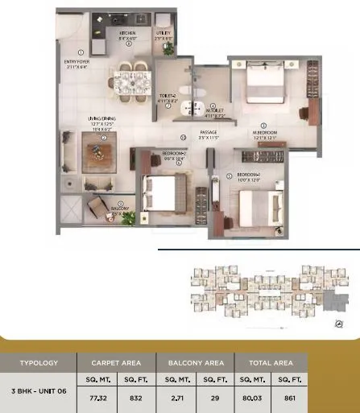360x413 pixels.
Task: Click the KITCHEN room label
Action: click(x=129, y=35)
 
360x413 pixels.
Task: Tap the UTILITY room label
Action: click(x=164, y=35)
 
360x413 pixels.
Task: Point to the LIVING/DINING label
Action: click(x=103, y=122)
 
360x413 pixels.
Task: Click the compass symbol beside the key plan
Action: click(x=337, y=325)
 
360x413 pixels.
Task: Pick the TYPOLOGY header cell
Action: click(x=39, y=363)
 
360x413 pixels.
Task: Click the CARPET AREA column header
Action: click(x=116, y=363)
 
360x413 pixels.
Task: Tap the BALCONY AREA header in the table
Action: click(x=195, y=363)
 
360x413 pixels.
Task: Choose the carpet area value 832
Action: click(x=136, y=398)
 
